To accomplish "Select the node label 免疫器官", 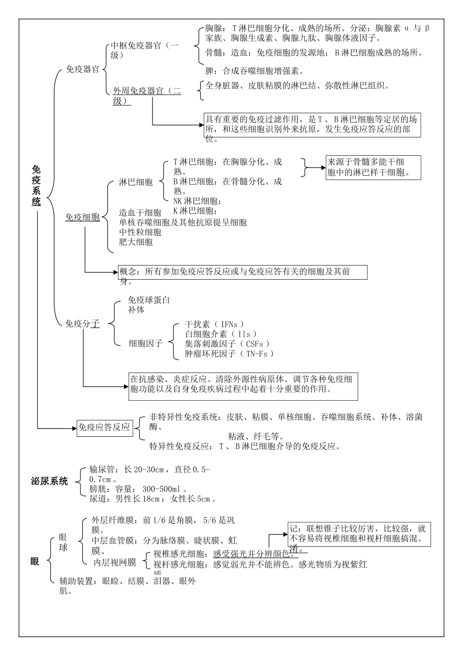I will pos(82,70).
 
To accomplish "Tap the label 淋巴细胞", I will pos(136,183).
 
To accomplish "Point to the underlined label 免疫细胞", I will pos(82,218).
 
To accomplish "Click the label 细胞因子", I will pos(145,344).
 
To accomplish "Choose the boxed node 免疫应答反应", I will pos(105,428).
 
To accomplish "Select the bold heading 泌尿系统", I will pos(49,482).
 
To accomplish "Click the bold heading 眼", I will pos(35,561).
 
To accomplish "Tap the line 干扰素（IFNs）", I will pos(214,325).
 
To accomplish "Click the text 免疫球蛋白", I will pos(149,300).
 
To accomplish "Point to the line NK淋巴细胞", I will pos(197,201).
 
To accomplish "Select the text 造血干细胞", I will pos(140,213).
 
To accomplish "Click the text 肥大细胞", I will pos(136,242).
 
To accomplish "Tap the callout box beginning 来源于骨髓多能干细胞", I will pos(373,167).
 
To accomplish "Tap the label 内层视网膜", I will pos(115,563).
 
